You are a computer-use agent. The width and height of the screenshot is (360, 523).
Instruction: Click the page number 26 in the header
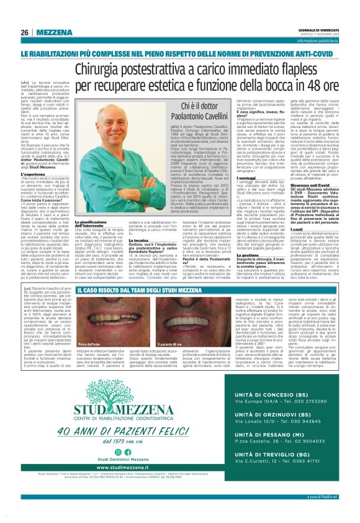[x=24, y=32]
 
